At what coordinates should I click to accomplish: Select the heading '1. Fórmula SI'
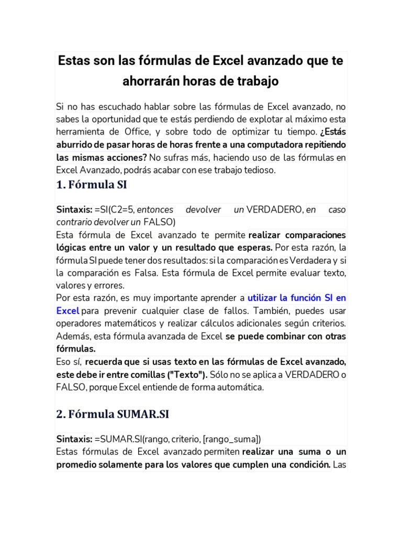pyautogui.click(x=91, y=185)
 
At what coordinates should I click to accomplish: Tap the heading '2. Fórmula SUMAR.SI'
pyautogui.click(x=113, y=414)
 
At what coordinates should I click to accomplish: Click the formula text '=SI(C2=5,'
pyautogui.click(x=115, y=209)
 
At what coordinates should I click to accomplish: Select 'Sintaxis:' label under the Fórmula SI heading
pyautogui.click(x=74, y=209)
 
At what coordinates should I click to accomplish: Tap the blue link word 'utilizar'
pyautogui.click(x=262, y=298)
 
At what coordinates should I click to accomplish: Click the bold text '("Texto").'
pyautogui.click(x=187, y=374)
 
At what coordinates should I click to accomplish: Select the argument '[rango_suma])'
pyautogui.click(x=234, y=439)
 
